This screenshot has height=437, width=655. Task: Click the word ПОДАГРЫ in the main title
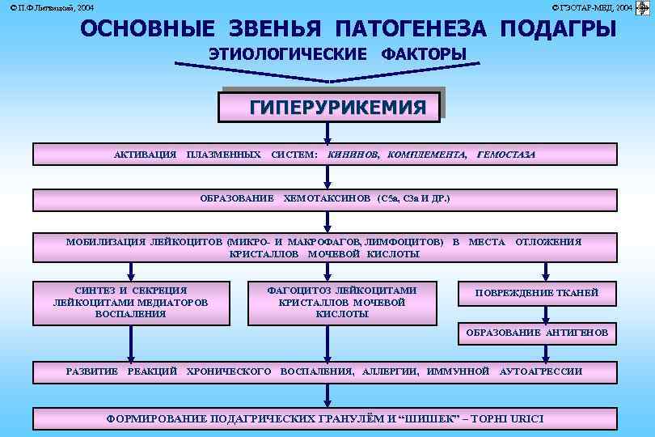[558, 29]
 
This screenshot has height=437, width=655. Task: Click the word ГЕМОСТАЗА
[506, 154]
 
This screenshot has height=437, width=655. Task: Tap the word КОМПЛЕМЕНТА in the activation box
[427, 154]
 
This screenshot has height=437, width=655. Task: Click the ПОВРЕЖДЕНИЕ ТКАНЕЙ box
[536, 293]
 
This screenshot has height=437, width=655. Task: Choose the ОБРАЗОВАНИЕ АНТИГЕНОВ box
[536, 333]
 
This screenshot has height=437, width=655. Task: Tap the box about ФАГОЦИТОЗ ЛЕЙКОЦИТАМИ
[342, 302]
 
